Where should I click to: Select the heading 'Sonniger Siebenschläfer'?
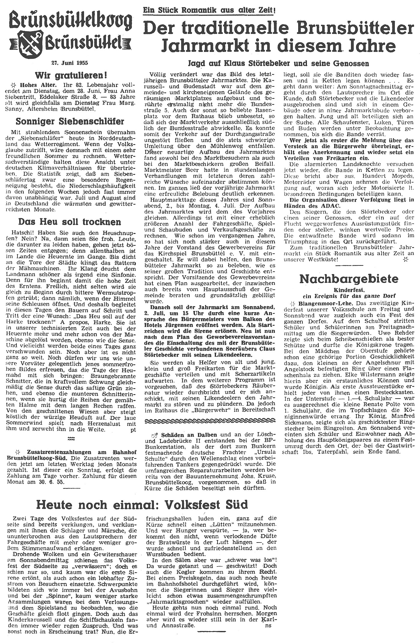click(70, 121)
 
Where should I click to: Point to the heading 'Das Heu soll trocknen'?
click(70, 222)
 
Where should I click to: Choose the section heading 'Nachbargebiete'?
click(349, 279)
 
